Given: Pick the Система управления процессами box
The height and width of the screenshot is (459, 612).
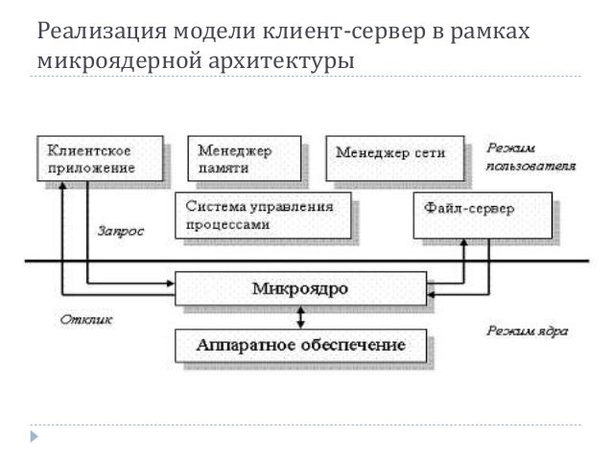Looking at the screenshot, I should coord(263,215).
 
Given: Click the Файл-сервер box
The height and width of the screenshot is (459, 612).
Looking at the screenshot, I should coord(482,215).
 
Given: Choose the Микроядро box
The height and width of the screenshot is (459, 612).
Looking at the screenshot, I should coord(300,288).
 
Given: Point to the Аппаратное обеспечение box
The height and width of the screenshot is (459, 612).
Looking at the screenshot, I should coord(300,343).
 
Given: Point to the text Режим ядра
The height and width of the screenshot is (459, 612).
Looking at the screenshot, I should coord(526,332).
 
